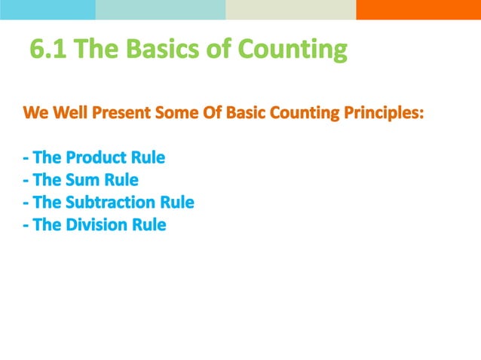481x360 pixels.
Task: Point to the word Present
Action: click(124, 114)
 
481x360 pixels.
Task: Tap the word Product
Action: click(98, 159)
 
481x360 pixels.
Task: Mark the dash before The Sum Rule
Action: click(26, 182)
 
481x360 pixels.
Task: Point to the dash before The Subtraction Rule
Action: click(26, 203)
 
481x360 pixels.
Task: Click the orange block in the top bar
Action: click(418, 9)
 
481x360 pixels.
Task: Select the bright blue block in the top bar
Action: click(47, 9)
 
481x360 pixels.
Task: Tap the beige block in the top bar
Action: click(290, 9)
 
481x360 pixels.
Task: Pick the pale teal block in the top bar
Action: click(160, 9)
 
